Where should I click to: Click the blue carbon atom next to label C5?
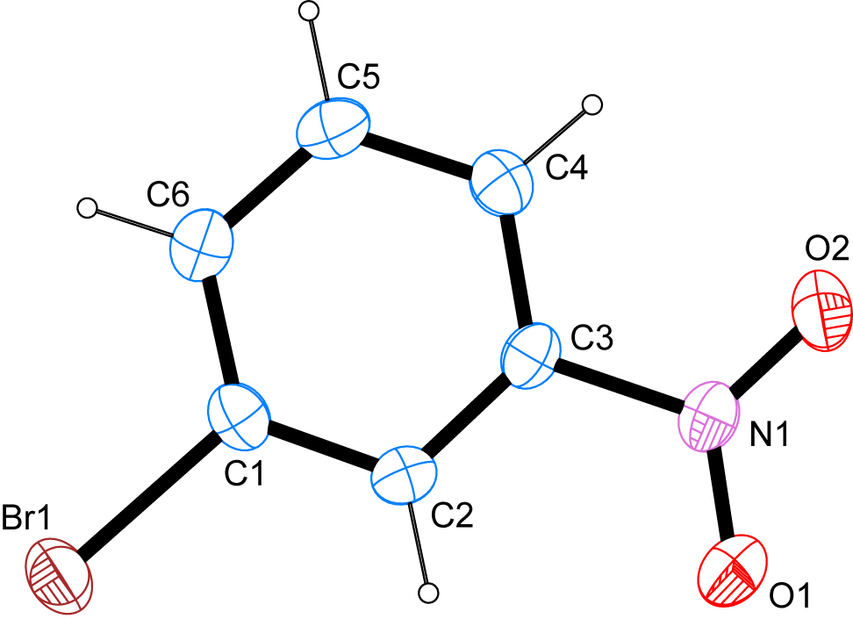(x=333, y=129)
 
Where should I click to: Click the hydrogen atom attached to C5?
(x=310, y=11)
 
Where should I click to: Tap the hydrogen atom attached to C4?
(x=592, y=104)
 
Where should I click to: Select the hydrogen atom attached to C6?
(x=87, y=208)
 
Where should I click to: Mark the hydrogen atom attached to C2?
(x=429, y=593)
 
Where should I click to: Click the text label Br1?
(x=25, y=516)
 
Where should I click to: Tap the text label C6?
(x=168, y=194)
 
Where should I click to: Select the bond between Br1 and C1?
(x=148, y=497)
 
